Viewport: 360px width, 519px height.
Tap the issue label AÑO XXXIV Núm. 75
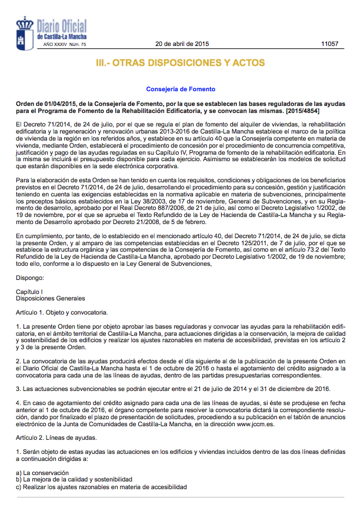point(65,45)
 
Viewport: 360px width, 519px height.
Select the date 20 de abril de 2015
point(182,44)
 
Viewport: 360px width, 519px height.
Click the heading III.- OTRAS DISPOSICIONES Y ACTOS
point(180,63)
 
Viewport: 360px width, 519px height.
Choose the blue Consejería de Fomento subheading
point(181,89)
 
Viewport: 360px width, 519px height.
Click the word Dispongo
point(30,277)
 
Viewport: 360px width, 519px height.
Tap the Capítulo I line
point(29,292)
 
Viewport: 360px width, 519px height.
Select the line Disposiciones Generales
point(50,299)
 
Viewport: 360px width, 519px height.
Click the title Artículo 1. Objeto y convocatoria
point(62,313)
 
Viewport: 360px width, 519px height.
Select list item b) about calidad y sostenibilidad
point(74,480)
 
